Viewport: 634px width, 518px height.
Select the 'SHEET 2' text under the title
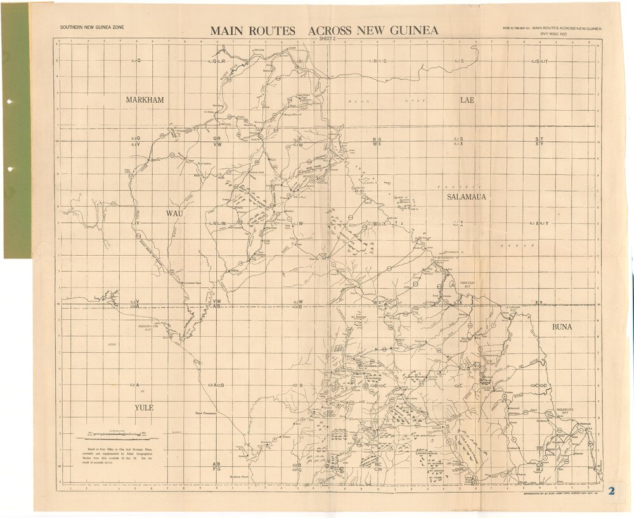(x=327, y=39)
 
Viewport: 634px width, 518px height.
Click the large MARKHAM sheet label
(x=145, y=100)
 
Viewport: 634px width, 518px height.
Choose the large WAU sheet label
(x=174, y=213)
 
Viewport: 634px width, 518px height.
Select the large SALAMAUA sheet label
(x=467, y=197)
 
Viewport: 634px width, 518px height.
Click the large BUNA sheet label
(x=562, y=327)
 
